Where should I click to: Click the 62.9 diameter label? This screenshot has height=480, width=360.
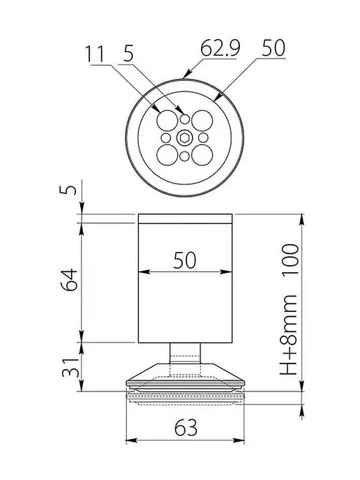pyautogui.click(x=220, y=48)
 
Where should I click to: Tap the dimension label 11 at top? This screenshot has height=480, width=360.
pyautogui.click(x=95, y=54)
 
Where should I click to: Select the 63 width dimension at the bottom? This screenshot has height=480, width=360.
pyautogui.click(x=186, y=428)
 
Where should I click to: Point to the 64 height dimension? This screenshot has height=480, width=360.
pyautogui.click(x=69, y=280)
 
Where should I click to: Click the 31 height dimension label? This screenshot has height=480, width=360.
pyautogui.click(x=70, y=367)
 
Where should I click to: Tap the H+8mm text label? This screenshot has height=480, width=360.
pyautogui.click(x=288, y=335)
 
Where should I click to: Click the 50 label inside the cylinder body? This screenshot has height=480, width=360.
pyautogui.click(x=185, y=260)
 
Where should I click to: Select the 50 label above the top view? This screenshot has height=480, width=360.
pyautogui.click(x=273, y=47)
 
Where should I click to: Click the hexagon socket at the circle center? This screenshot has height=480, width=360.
pyautogui.click(x=184, y=138)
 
